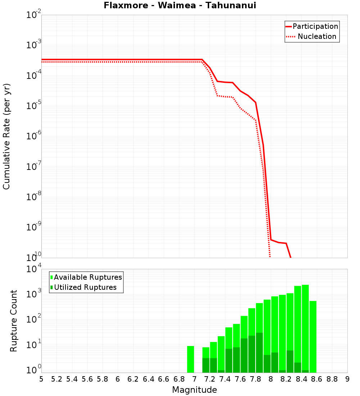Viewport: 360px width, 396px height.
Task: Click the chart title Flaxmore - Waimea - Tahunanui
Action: (180, 5)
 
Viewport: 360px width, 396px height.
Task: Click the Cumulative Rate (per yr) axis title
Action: (6, 136)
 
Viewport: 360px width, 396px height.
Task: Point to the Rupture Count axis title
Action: (14, 320)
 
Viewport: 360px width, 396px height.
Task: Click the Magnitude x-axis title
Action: (194, 390)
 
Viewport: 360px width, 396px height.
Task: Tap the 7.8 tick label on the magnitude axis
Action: (256, 379)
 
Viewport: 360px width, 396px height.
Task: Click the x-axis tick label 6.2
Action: (133, 379)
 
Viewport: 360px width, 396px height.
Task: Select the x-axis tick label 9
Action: (347, 379)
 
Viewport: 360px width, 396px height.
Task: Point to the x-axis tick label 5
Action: (41, 379)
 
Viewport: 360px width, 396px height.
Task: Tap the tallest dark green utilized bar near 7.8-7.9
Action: (259, 353)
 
